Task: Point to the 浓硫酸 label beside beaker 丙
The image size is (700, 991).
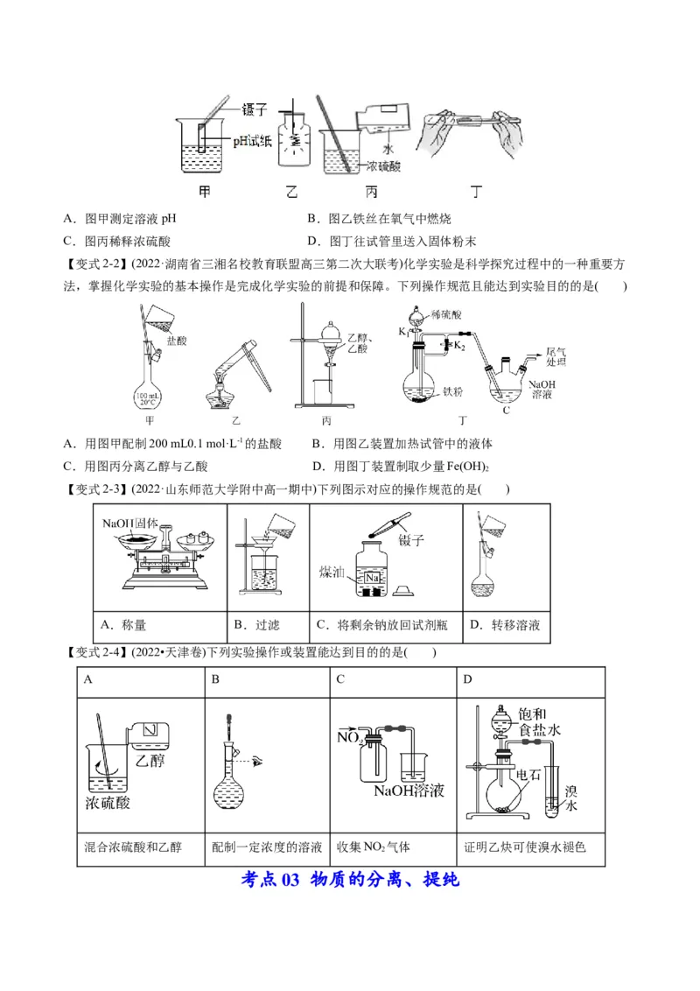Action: [x=384, y=165]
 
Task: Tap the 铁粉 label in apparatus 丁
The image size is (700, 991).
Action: [x=452, y=392]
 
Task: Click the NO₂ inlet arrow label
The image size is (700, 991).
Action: [x=349, y=739]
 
